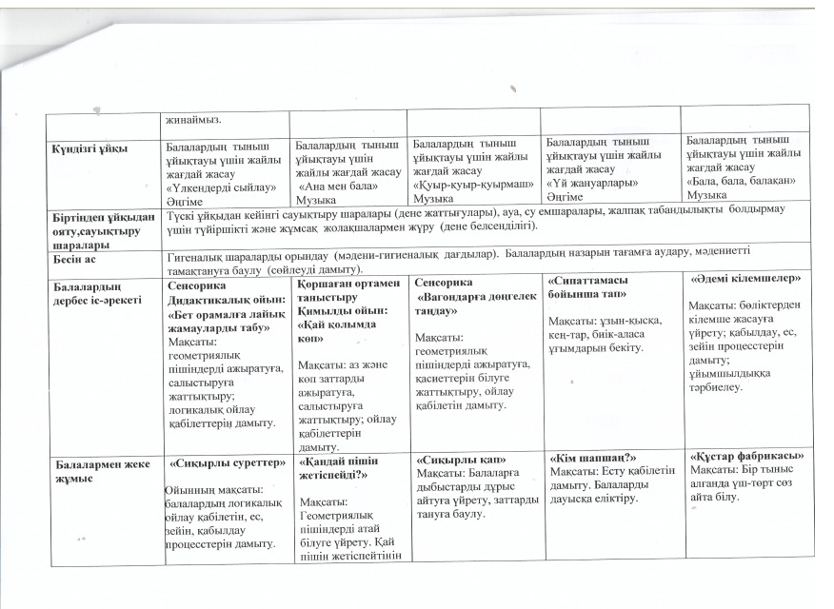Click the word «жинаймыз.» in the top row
coord(194,120)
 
